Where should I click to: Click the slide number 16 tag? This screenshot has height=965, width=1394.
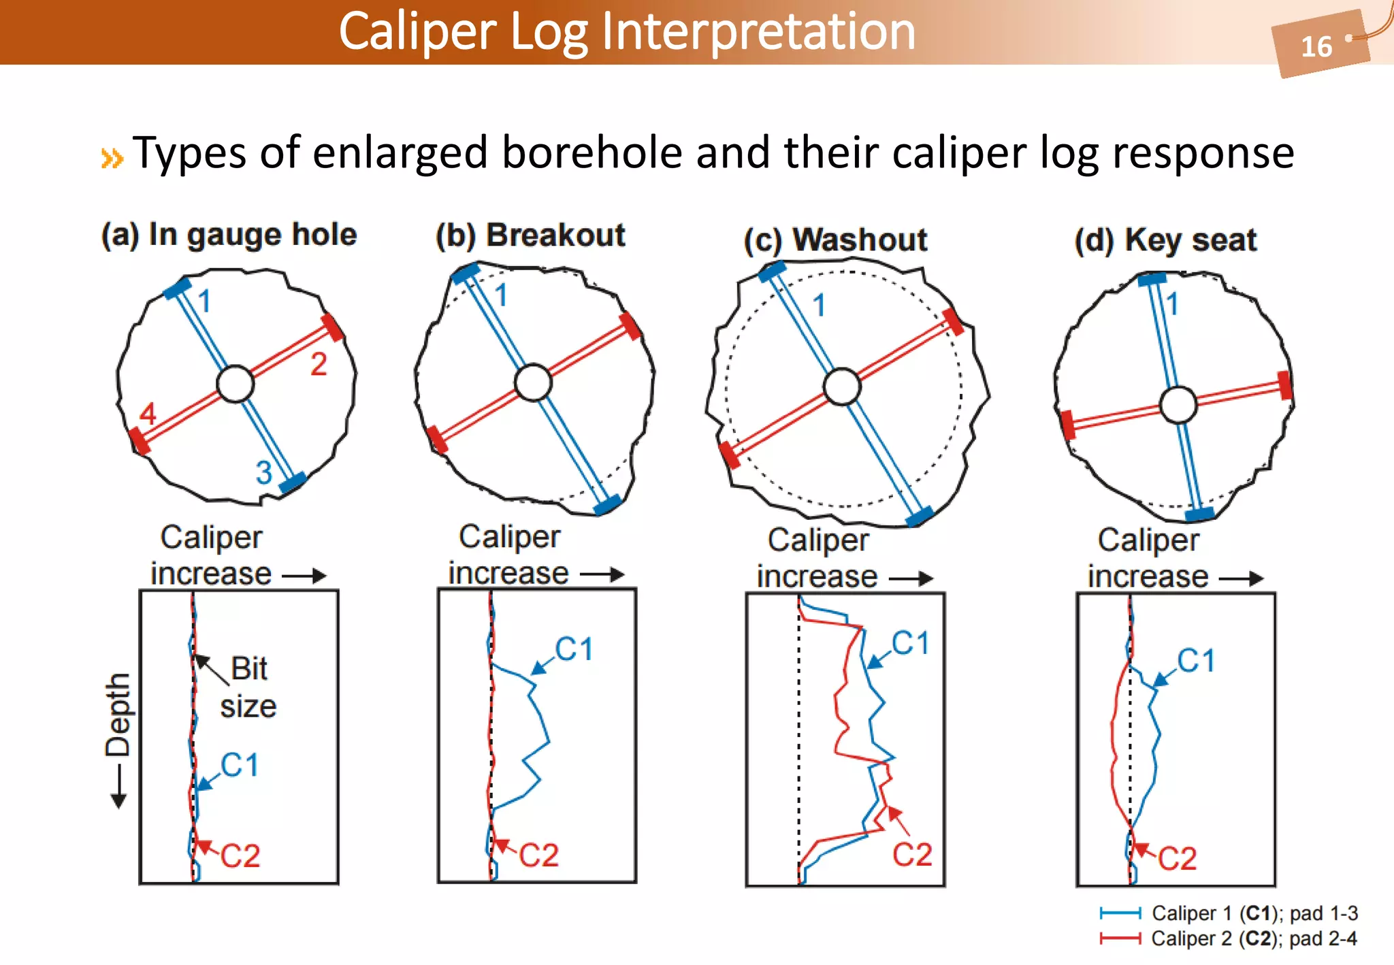(1317, 46)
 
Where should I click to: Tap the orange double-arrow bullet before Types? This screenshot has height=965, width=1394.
(112, 158)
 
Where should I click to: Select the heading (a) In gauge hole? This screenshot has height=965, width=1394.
(229, 235)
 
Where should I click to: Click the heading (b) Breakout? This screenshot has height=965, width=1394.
(530, 235)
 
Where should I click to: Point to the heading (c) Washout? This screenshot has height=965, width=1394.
(835, 240)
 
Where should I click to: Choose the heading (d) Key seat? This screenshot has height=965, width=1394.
(1165, 240)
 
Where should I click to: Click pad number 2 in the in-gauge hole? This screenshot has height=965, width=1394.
(319, 364)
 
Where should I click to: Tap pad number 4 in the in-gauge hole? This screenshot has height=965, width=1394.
(148, 413)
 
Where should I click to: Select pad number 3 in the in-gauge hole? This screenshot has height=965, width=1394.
(263, 472)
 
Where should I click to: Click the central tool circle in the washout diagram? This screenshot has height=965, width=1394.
(842, 387)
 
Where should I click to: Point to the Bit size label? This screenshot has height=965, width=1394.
(248, 687)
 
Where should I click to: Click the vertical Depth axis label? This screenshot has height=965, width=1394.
(117, 715)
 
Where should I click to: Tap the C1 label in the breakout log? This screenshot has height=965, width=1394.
(574, 649)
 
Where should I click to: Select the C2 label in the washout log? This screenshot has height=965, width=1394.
(912, 854)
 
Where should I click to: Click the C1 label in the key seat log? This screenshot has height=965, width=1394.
(1196, 660)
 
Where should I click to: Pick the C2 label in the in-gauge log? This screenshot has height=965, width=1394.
(240, 855)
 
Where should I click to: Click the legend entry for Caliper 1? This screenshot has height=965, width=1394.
(1229, 913)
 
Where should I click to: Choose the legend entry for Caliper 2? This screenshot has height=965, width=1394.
(1229, 938)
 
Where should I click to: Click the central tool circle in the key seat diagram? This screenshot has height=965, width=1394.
(1178, 405)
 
